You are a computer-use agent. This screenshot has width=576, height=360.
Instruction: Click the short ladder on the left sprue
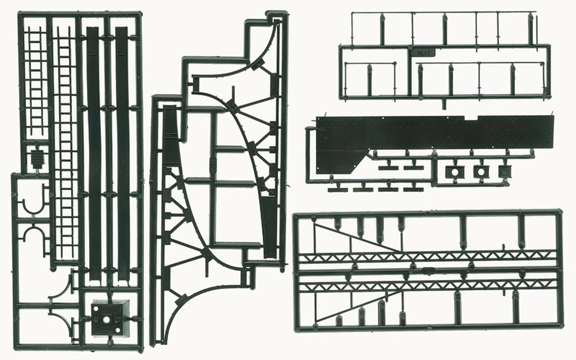(x=37, y=81)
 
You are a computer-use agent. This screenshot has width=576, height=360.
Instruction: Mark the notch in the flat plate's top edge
(x=471, y=118)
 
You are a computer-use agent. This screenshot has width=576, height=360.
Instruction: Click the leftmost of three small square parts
(x=454, y=172)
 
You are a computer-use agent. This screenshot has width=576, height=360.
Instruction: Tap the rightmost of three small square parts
(x=504, y=172)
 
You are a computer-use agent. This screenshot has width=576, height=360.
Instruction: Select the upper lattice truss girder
(x=426, y=256)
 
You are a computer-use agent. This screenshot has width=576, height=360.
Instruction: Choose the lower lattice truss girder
(x=426, y=285)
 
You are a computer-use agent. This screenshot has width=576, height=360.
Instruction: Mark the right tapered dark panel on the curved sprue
(x=269, y=225)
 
